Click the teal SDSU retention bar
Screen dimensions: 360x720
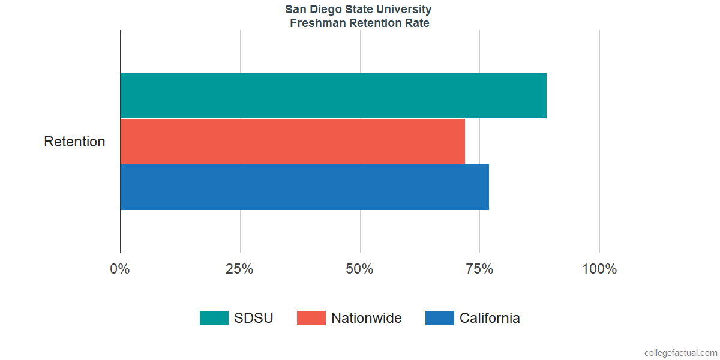point(333,95)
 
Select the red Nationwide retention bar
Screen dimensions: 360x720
point(292,141)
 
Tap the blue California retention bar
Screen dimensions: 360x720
point(304,187)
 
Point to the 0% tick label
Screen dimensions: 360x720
point(120,269)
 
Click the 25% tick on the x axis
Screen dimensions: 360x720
point(239,269)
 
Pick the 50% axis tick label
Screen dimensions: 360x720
point(359,269)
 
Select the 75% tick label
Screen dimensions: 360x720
point(479,269)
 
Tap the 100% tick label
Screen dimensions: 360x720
point(599,269)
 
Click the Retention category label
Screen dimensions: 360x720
point(74,142)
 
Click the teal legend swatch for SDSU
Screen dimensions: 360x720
point(214,318)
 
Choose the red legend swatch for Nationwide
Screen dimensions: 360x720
point(311,318)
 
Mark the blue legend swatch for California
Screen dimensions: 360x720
point(439,318)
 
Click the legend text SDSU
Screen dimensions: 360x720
point(254,318)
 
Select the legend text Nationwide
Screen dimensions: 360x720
point(367,318)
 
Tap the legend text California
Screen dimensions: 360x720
point(490,318)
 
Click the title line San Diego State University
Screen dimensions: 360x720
point(358,10)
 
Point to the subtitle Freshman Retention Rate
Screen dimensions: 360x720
point(359,23)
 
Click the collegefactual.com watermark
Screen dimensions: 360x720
point(680,353)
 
